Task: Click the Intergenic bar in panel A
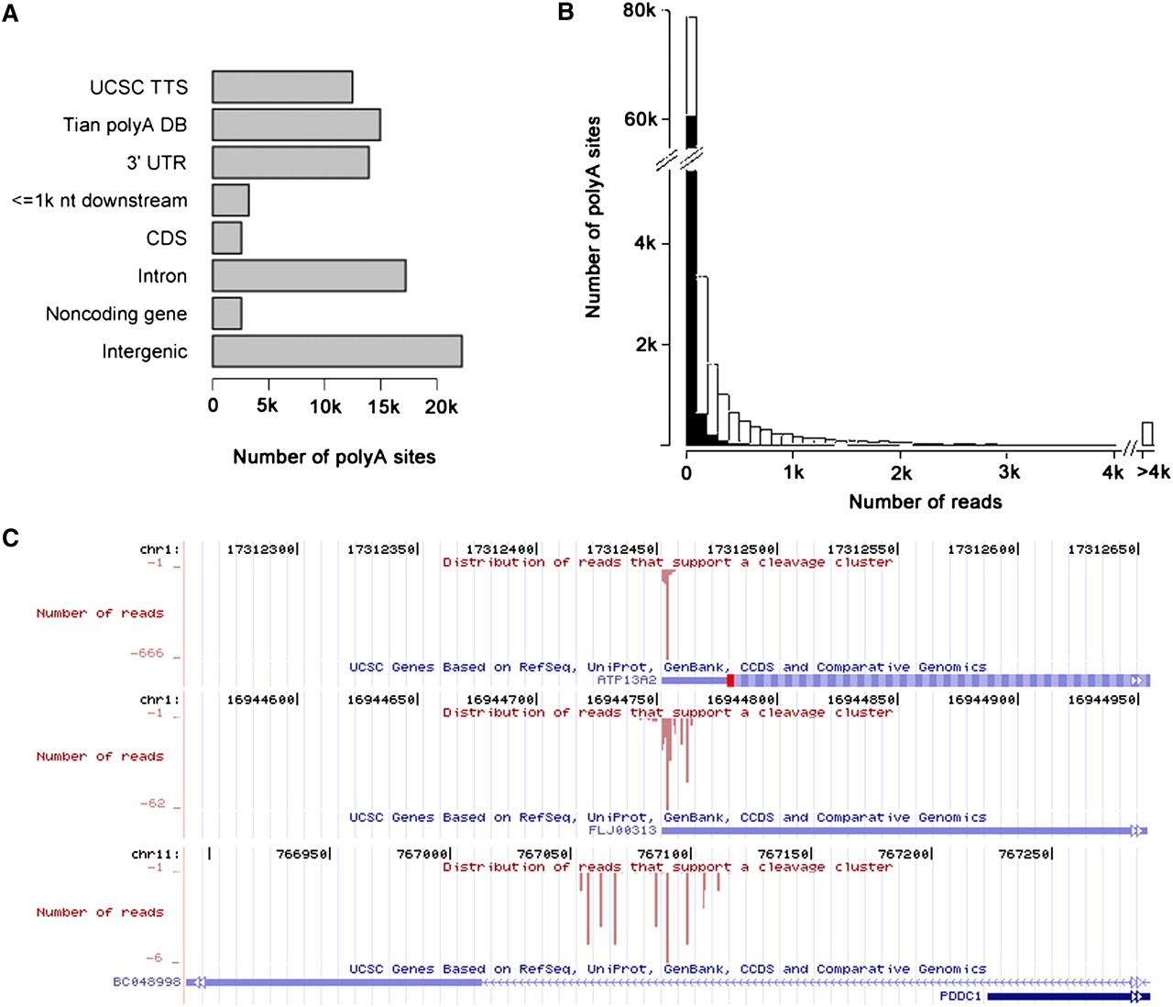click(x=336, y=351)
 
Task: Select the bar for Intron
click(x=309, y=276)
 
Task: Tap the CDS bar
click(x=226, y=238)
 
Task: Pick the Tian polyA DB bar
click(x=296, y=125)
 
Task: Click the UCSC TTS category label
click(x=138, y=87)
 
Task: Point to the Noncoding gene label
click(x=116, y=315)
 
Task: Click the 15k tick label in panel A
click(x=383, y=406)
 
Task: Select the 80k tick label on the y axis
click(x=639, y=11)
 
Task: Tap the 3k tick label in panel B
click(x=1008, y=472)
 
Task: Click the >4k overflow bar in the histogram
click(x=1146, y=434)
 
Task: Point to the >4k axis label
click(x=1153, y=472)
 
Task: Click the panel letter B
click(x=565, y=13)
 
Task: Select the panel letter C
click(x=11, y=537)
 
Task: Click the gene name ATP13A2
click(x=627, y=681)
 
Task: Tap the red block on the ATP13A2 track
click(x=730, y=681)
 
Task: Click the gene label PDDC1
click(x=960, y=996)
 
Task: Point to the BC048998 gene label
click(x=147, y=982)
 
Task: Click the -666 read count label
click(x=147, y=654)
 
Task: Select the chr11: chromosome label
click(x=155, y=855)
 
